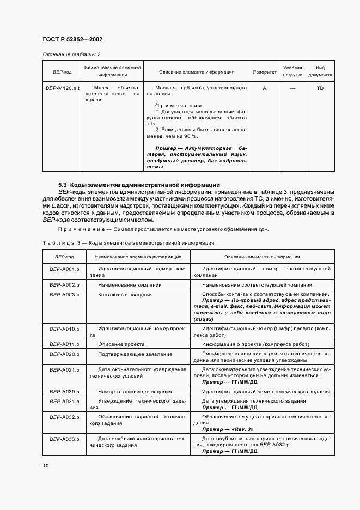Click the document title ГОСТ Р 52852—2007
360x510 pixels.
point(72,40)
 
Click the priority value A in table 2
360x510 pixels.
point(264,88)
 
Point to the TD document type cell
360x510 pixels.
point(320,88)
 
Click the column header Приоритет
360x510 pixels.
point(264,72)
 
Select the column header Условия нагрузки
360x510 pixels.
point(292,71)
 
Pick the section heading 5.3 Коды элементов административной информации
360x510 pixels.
point(139,185)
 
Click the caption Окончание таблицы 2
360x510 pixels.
point(71,54)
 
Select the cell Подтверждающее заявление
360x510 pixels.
point(135,354)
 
